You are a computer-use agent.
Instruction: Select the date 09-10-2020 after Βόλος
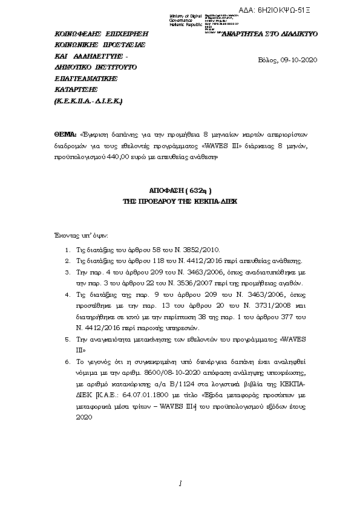299,60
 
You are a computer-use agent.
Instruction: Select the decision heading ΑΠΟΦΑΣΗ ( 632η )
180,189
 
